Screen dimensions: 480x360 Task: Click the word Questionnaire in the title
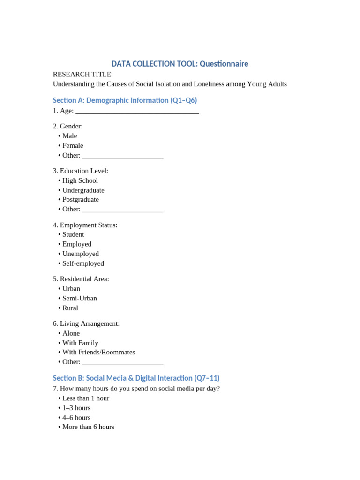coord(224,64)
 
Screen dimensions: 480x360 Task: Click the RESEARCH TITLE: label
coord(83,75)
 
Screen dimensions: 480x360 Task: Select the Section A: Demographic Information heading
coord(125,100)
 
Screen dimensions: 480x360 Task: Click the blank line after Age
coord(137,111)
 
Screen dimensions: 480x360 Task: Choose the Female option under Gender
coord(73,146)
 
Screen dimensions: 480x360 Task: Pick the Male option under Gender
coord(69,136)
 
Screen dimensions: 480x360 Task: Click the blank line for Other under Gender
coord(122,156)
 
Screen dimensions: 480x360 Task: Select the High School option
coord(80,180)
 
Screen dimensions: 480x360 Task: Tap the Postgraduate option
coord(81,200)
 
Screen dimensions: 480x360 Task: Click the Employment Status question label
coord(85,225)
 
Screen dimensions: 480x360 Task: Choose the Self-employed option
coord(83,263)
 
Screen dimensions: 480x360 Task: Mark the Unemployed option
coord(81,254)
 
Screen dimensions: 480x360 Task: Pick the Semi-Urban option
coord(80,298)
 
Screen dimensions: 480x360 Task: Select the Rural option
coord(70,308)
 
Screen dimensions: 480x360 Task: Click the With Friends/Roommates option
coord(98,352)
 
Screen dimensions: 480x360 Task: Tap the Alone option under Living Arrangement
coord(71,333)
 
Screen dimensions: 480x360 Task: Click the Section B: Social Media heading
coord(136,378)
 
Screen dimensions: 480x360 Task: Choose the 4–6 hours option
coord(76,418)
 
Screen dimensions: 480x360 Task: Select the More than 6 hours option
coord(88,427)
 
